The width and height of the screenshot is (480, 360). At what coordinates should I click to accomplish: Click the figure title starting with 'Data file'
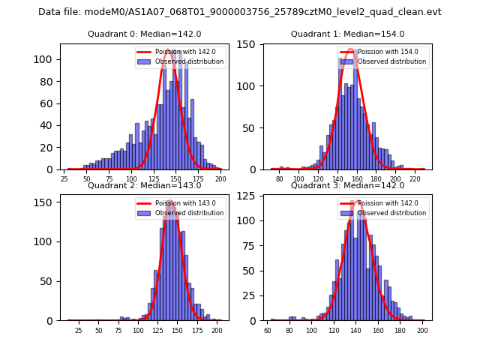[x=240, y=12]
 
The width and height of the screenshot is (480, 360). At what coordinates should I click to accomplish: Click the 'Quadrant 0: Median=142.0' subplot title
[x=144, y=34]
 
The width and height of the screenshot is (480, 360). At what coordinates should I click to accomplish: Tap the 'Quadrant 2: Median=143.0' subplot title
[x=144, y=185]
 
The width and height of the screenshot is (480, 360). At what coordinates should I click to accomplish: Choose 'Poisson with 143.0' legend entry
[x=184, y=203]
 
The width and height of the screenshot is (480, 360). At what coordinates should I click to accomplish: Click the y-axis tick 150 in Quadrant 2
[x=49, y=202]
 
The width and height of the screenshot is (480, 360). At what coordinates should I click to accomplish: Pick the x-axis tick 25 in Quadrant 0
[x=64, y=179]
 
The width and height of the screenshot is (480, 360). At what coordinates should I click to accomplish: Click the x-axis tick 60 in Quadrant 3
[x=268, y=330]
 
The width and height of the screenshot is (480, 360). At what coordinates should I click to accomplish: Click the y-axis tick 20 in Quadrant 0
[x=52, y=148]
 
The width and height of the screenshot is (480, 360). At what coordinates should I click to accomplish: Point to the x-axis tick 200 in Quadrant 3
[x=422, y=330]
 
